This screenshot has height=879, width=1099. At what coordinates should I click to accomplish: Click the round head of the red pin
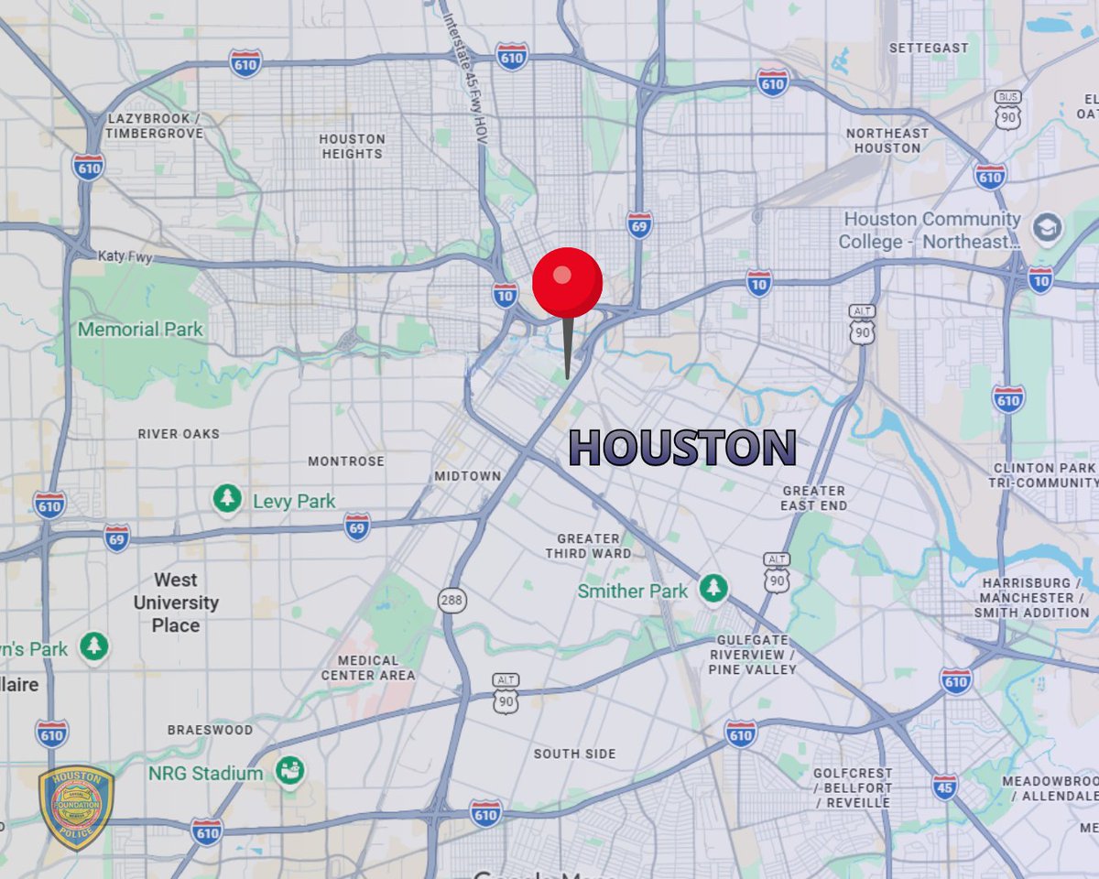567,282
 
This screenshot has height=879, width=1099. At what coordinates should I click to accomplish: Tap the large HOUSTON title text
682,448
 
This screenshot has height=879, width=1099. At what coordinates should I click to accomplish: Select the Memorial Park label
140,329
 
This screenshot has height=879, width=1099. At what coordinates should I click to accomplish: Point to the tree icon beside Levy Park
227,499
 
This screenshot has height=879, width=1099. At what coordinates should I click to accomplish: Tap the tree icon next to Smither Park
713,589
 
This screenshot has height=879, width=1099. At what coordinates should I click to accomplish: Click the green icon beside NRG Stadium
290,772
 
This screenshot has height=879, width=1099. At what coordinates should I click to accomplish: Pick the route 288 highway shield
452,601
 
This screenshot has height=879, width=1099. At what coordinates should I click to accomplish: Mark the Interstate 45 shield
944,786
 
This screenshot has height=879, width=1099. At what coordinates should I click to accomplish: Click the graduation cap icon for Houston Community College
1047,227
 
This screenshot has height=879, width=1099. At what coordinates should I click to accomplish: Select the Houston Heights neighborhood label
352,146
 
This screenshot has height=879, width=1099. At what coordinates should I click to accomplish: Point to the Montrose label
345,461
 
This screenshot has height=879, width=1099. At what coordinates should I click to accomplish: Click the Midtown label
467,475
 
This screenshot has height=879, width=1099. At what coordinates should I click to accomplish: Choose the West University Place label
176,602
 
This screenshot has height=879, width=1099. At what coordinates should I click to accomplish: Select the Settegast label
929,48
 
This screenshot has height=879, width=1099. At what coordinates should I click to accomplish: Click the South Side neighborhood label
575,754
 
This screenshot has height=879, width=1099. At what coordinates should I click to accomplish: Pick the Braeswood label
210,730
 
